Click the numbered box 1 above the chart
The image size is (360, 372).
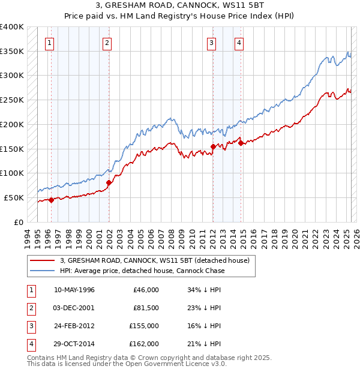tap(49, 43)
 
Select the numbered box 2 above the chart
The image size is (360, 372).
tap(106, 43)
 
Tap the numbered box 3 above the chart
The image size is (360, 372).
tap(212, 43)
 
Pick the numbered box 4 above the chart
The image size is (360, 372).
tap(239, 43)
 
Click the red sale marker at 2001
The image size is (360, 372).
tap(109, 182)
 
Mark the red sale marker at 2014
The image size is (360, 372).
tap(241, 143)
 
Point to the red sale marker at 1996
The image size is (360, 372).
tap(51, 200)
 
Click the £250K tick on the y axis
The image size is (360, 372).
tap(13, 100)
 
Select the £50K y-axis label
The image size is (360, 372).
tap(14, 197)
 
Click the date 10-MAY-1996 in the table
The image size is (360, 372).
tap(74, 290)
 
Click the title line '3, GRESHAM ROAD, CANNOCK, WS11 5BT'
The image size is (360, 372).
tap(180, 7)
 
